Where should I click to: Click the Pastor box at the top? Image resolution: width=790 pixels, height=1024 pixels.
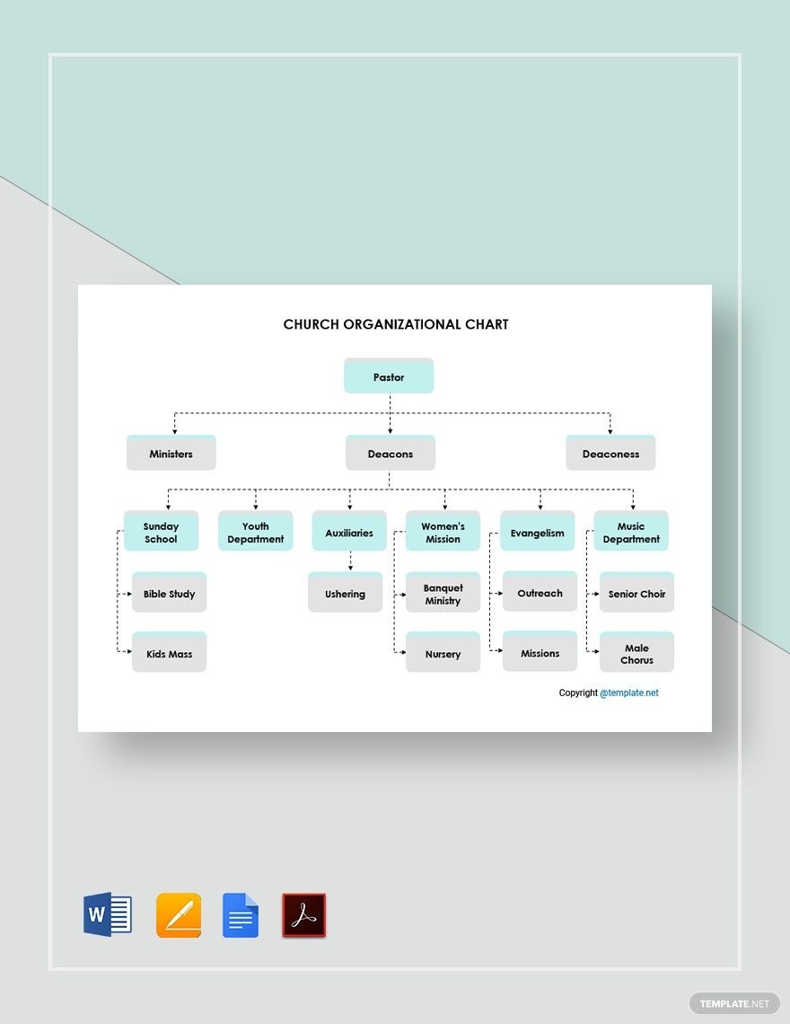point(389,376)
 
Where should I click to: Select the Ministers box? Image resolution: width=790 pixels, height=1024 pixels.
point(171,454)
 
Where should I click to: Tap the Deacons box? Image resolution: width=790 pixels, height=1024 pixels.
point(391,454)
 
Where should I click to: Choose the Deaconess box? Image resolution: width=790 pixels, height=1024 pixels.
point(610,454)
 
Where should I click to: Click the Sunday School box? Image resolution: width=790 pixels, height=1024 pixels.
point(161,533)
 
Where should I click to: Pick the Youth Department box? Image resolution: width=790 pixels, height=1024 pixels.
point(256,533)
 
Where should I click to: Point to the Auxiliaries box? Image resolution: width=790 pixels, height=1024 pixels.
point(349,533)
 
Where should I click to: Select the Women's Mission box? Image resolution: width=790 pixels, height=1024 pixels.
point(443,533)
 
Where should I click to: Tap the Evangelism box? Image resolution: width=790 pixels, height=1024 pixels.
point(537,533)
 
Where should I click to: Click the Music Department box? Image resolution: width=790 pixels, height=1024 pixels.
point(631,533)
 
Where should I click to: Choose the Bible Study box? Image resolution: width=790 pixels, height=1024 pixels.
point(169,594)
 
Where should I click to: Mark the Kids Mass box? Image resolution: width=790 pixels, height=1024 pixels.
point(169,654)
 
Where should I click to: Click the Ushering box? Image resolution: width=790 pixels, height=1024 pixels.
point(345,594)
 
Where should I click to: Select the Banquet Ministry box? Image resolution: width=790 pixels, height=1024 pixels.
point(443,594)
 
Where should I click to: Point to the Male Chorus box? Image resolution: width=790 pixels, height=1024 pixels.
point(636,654)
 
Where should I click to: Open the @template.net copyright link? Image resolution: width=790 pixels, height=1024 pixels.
point(629,693)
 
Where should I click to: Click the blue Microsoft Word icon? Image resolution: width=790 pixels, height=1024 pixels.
point(108,915)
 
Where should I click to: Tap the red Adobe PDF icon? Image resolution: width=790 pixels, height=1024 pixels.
point(304,915)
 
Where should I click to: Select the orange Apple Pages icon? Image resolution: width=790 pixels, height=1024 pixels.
point(179,915)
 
